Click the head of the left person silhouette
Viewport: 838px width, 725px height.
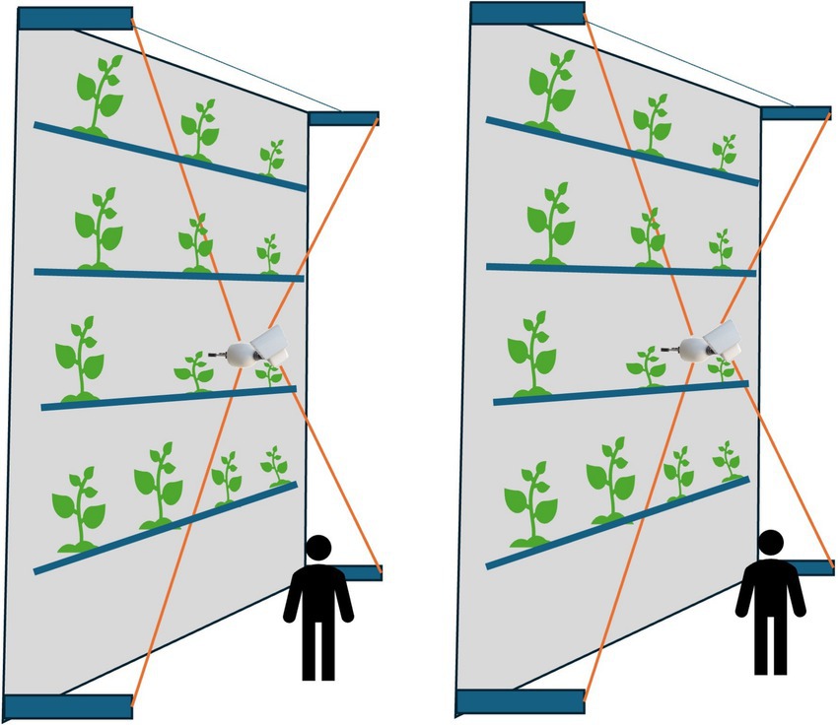coord(318,550)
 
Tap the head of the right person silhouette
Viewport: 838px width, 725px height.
coord(770,544)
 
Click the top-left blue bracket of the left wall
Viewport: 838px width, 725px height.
coord(75,18)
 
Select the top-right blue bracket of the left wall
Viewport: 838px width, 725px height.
coord(342,118)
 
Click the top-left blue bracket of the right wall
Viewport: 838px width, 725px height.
coord(527,13)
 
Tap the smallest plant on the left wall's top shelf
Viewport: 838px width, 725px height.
coord(271,157)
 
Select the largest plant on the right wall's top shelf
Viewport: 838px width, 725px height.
coord(550,89)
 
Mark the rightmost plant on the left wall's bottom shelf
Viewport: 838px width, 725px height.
coord(274,465)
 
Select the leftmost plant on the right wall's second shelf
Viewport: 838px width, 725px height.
coord(549,225)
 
